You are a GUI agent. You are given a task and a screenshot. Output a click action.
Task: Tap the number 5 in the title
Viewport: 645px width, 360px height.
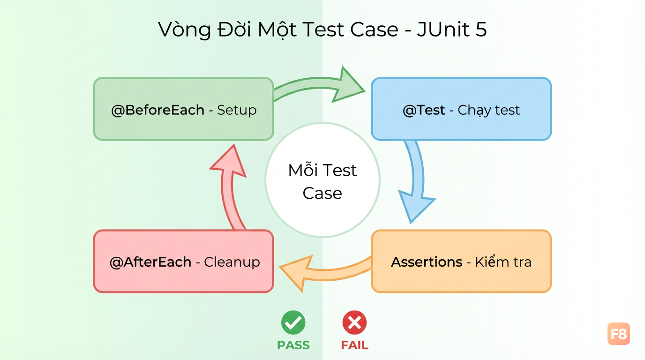coord(481,30)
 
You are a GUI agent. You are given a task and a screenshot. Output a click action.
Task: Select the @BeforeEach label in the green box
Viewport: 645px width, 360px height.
coord(158,110)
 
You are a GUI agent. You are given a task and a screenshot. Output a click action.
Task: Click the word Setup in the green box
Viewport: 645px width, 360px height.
coord(237,110)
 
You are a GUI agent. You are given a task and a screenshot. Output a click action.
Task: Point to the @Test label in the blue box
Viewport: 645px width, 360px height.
coord(424,110)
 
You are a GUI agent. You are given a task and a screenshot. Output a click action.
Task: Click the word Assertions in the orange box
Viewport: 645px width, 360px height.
coord(427,262)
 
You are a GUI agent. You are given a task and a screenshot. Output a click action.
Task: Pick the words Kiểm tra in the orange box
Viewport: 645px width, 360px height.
coord(503,262)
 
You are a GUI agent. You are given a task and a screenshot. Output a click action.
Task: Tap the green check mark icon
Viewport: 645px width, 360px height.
coord(293,322)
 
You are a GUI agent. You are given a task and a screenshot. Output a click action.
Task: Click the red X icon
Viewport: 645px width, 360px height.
coord(354,322)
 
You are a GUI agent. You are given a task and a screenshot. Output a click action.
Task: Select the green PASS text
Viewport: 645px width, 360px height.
coord(293,345)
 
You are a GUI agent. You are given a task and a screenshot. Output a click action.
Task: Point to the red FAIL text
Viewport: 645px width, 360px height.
coord(354,345)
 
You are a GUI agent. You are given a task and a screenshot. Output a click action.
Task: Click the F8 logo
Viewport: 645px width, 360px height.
coord(619,334)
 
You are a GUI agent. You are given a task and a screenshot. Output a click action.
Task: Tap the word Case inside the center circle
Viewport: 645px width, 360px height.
coord(322,193)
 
